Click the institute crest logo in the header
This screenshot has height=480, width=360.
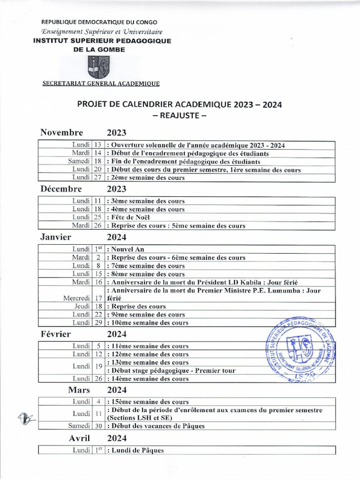pyautogui.click(x=98, y=67)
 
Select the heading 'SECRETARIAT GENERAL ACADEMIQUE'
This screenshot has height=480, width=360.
pyautogui.click(x=101, y=84)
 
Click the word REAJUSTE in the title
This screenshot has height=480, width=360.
pyautogui.click(x=180, y=116)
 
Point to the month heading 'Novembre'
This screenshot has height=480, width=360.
pyautogui.click(x=62, y=133)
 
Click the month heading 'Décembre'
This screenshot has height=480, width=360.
pyautogui.click(x=61, y=189)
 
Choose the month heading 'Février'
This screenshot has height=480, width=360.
pyautogui.click(x=56, y=334)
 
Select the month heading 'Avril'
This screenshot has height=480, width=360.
pyautogui.click(x=80, y=439)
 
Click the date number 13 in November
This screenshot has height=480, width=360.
pyautogui.click(x=98, y=145)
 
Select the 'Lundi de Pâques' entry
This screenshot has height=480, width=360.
pyautogui.click(x=135, y=450)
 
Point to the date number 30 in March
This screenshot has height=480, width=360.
pyautogui.click(x=98, y=426)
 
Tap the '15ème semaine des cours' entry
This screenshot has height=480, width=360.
pyautogui.click(x=148, y=402)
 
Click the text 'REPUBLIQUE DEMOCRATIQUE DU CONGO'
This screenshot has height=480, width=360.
pyautogui.click(x=100, y=22)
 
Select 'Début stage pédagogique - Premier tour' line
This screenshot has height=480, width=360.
pyautogui.click(x=171, y=370)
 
